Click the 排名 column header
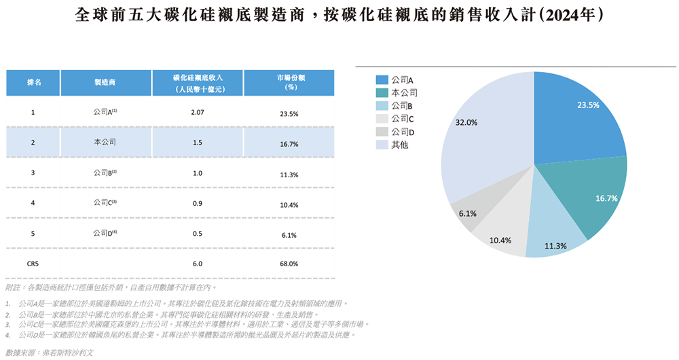click(x=33, y=82)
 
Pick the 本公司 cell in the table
click(x=105, y=143)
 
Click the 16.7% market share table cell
click(x=289, y=143)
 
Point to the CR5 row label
click(x=33, y=263)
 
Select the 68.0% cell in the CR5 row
click(x=289, y=264)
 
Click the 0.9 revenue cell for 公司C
click(x=198, y=203)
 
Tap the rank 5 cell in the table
click(x=33, y=233)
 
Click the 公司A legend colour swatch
click(x=381, y=80)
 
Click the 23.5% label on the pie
click(x=588, y=105)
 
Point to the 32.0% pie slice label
click(x=466, y=123)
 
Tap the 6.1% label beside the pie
click(x=468, y=213)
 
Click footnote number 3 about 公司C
click(x=7, y=325)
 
